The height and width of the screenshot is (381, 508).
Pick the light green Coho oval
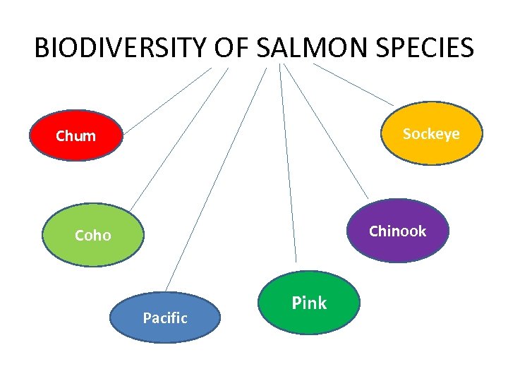pos(93,236)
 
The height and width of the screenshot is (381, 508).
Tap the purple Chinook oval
pos(398,231)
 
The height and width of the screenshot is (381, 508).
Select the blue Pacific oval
pos(165,317)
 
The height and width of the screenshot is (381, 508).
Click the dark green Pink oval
pos(309,303)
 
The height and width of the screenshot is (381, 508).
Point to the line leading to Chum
pos(167,100)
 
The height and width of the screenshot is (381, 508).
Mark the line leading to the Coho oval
pos(179,138)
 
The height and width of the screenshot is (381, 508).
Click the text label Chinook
pos(398,231)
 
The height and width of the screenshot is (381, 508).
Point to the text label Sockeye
pos(430,134)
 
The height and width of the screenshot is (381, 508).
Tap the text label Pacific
pos(165,318)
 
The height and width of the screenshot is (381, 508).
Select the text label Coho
pos(93,236)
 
